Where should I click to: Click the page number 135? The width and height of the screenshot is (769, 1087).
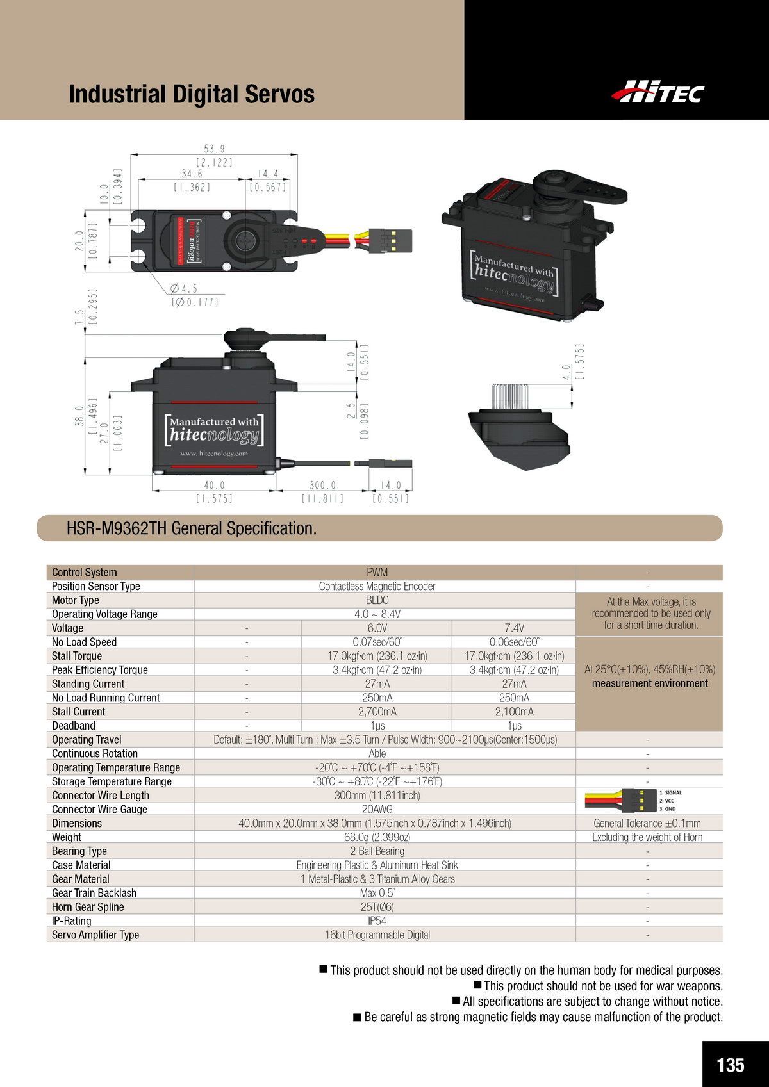click(731, 1047)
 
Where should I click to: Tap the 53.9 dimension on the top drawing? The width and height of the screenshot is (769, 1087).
click(213, 149)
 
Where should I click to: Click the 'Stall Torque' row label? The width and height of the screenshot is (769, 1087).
click(77, 656)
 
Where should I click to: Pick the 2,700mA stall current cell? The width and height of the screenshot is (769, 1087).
click(376, 712)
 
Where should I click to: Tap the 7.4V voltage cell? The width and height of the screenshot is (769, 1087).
click(514, 628)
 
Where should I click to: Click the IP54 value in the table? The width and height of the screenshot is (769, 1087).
click(377, 920)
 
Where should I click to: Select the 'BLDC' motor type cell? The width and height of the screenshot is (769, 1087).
click(377, 600)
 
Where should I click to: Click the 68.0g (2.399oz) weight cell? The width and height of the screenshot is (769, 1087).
click(377, 837)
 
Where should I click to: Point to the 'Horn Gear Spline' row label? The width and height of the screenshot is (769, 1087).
click(88, 907)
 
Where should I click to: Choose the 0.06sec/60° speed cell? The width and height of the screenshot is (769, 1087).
click(514, 642)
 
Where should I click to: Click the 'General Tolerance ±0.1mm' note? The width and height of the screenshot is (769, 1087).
click(647, 823)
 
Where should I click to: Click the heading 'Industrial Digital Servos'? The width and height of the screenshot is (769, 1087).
click(192, 94)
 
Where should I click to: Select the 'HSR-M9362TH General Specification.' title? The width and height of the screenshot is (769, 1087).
click(192, 528)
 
